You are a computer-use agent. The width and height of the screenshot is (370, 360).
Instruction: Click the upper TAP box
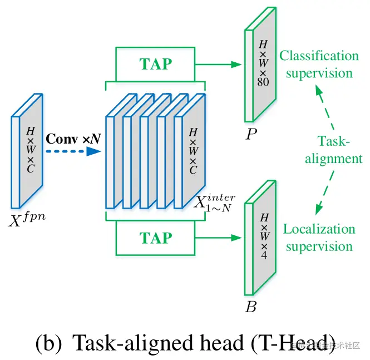tap(155, 63)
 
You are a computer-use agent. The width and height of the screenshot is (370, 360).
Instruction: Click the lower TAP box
tap(155, 238)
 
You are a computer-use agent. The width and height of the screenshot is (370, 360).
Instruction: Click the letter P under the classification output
tap(251, 135)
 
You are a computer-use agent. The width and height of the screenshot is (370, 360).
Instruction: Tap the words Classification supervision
tap(319, 65)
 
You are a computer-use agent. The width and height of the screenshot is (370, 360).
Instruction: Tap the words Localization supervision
tap(319, 238)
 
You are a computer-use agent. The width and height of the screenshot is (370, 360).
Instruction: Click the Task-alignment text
tap(333, 150)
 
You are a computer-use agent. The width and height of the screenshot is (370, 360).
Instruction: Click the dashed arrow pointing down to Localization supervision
tap(324, 192)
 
